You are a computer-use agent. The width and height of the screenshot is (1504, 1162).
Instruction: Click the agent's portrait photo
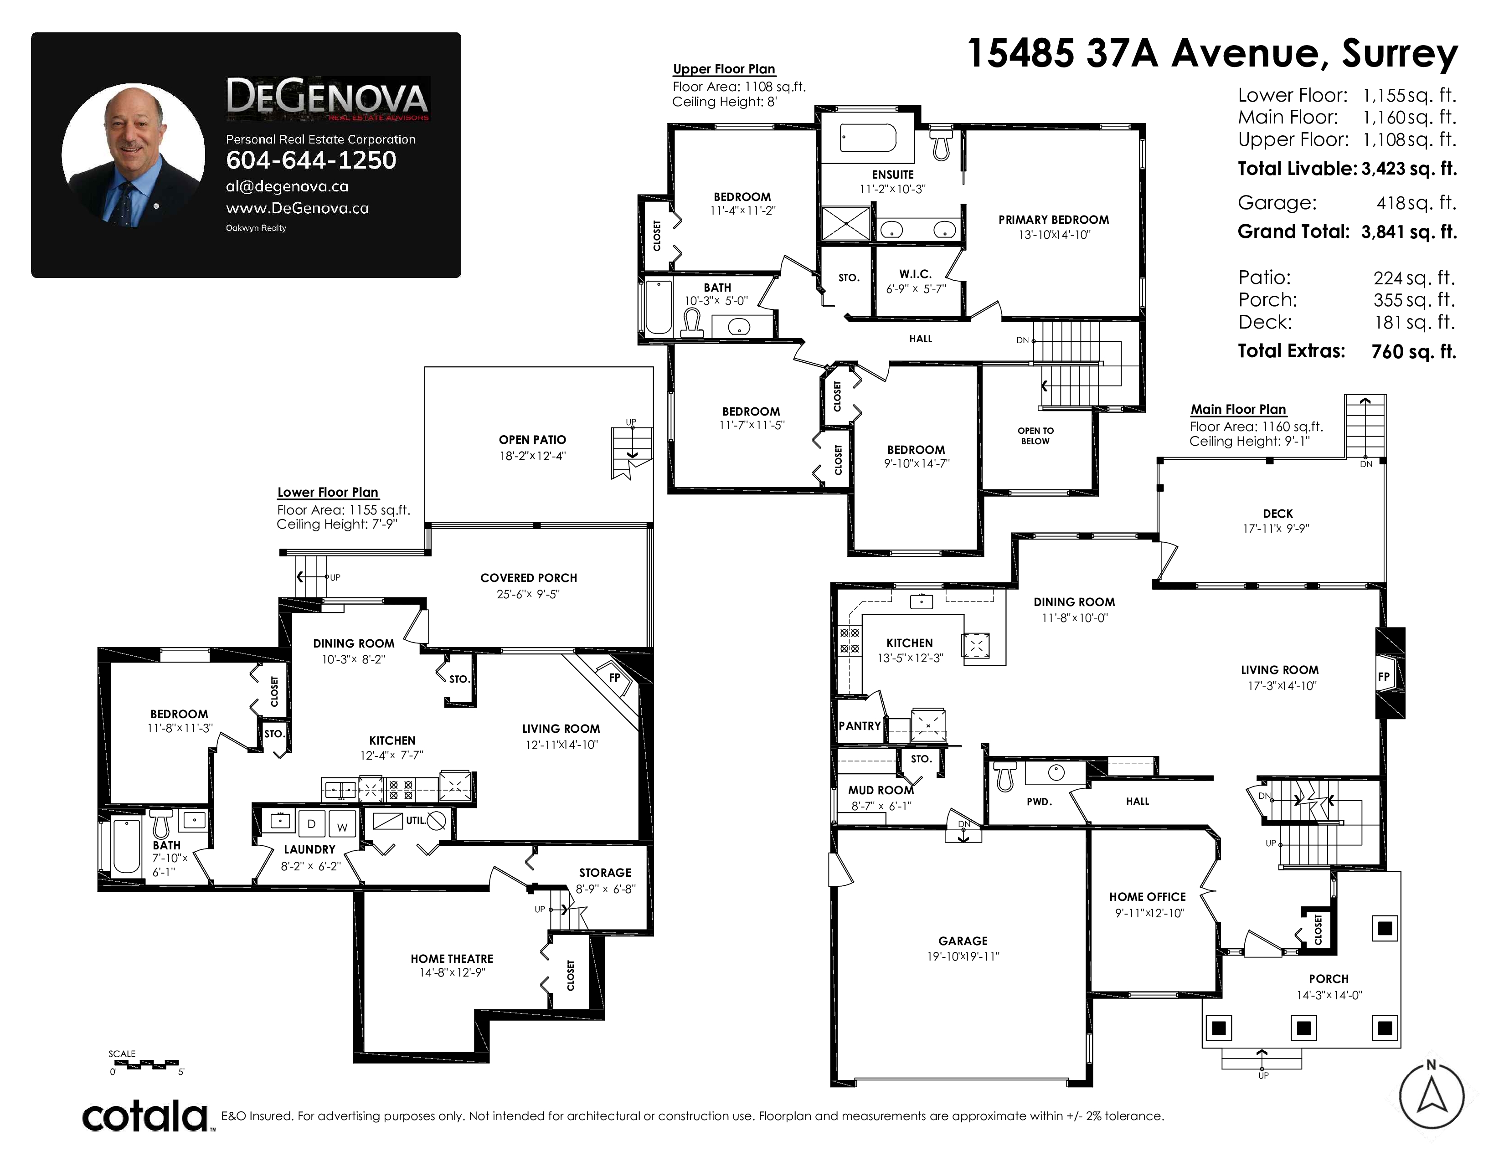[x=133, y=155]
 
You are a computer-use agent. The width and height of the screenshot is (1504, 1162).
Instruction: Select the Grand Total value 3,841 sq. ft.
[x=1409, y=232]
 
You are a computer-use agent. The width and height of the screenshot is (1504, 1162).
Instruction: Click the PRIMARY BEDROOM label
[x=1054, y=220]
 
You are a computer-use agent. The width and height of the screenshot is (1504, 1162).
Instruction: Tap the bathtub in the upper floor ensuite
[x=868, y=138]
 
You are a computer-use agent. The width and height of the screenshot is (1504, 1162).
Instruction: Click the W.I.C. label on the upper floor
[x=915, y=274]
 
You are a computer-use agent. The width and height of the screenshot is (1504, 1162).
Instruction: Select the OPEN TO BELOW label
[x=1036, y=436]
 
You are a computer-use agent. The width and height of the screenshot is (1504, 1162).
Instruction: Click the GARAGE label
[x=963, y=941]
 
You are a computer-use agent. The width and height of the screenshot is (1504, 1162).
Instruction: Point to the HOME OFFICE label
[x=1147, y=897]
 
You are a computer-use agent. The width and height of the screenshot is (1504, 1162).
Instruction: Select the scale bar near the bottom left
[x=146, y=1064]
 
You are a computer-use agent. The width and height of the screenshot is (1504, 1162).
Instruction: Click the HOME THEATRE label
[x=452, y=959]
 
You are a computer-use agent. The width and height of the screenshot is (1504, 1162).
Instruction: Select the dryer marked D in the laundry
[x=311, y=823]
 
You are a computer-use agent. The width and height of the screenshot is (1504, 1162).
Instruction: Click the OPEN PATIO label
[x=532, y=440]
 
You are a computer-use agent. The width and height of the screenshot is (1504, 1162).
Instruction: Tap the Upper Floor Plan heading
[x=724, y=69]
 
